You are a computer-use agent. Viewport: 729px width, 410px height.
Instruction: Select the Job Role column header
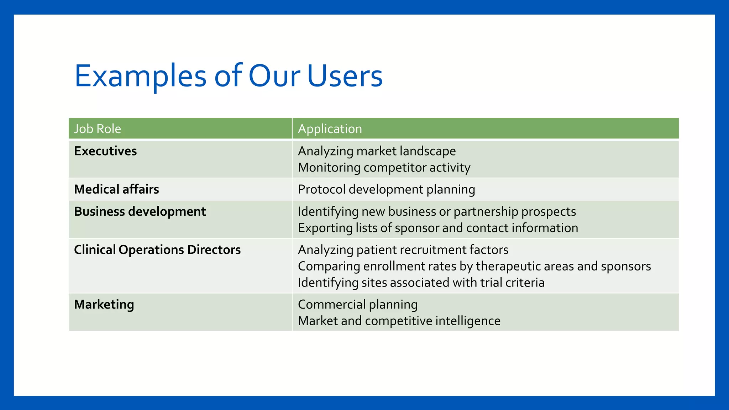coord(98,129)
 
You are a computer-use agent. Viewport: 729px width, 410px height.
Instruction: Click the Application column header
coord(330,129)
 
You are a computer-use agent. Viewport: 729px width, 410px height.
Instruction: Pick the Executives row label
coord(105,151)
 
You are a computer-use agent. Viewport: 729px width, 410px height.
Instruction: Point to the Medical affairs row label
coord(116,189)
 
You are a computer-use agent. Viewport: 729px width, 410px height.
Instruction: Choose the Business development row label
coord(140,212)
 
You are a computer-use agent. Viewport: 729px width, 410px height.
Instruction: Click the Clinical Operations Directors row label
coord(157,250)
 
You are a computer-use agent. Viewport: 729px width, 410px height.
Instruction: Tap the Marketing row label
coord(104,305)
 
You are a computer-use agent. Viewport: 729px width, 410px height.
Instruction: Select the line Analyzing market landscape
coord(377,151)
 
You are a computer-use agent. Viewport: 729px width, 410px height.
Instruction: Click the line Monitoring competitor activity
coord(384,168)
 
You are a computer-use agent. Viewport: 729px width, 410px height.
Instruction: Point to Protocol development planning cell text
coord(386,189)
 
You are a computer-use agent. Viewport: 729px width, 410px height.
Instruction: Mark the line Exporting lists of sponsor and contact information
coord(438,228)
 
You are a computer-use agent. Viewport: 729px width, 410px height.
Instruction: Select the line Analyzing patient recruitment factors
coord(403,250)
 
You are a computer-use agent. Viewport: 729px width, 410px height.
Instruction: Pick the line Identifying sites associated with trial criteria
coord(421,283)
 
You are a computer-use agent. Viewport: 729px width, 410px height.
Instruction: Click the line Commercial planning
coord(357,305)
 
